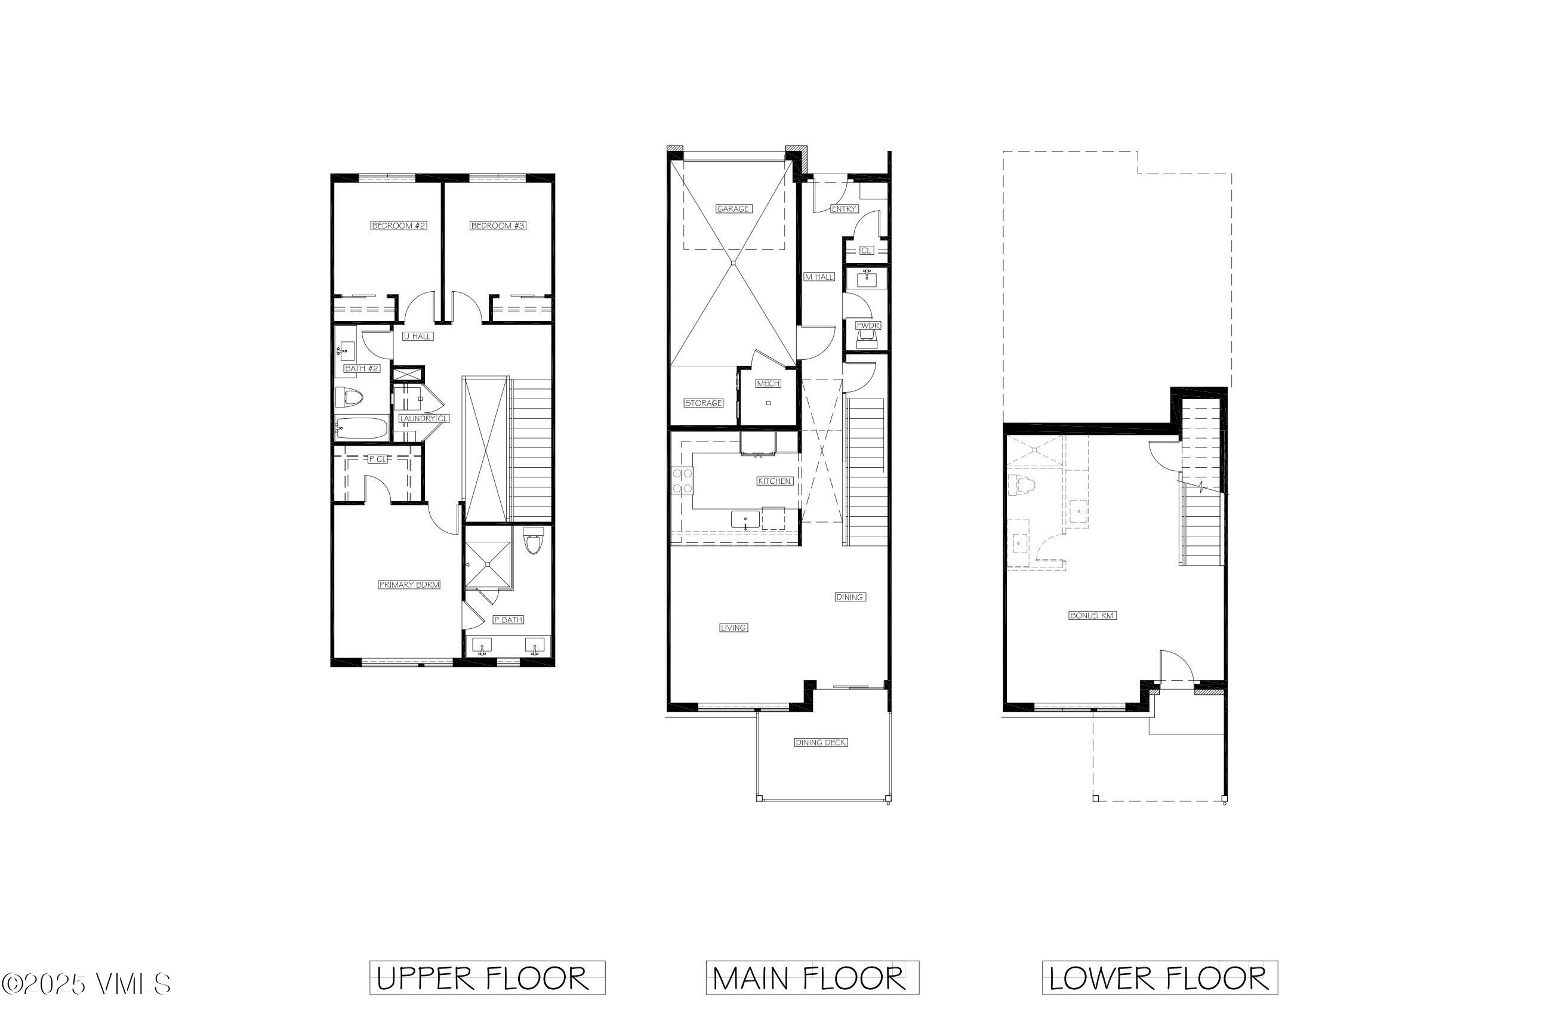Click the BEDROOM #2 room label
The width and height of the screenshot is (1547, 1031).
(399, 226)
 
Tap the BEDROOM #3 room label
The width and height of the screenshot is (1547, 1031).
(498, 226)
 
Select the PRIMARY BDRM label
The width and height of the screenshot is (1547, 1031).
(408, 585)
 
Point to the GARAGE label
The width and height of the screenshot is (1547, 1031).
(733, 208)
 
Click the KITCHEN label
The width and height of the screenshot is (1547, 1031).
(773, 481)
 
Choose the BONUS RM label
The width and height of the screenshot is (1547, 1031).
(1092, 616)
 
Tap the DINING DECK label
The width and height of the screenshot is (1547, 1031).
(820, 742)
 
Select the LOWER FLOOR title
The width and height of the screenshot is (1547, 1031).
(1159, 978)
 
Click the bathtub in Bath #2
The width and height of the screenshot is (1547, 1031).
(361, 429)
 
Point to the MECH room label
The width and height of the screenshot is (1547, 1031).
(768, 383)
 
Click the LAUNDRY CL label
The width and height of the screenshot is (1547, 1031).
(424, 418)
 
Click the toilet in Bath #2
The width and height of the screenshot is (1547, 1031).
(349, 398)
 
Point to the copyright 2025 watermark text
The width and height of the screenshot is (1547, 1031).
(86, 984)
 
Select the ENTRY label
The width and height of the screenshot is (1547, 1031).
(843, 208)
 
